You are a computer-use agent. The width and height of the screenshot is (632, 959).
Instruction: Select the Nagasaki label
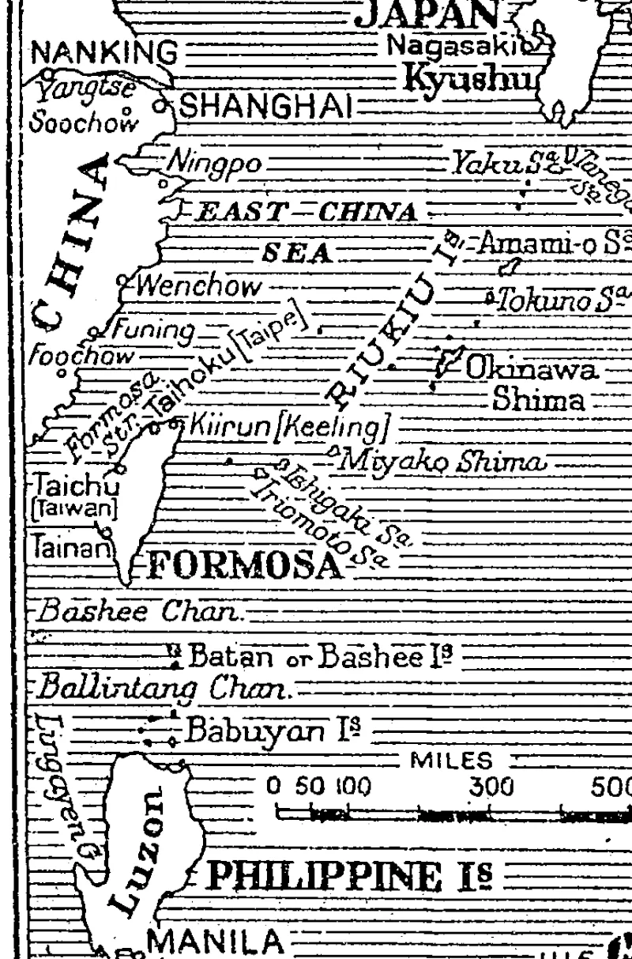[431, 46]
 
